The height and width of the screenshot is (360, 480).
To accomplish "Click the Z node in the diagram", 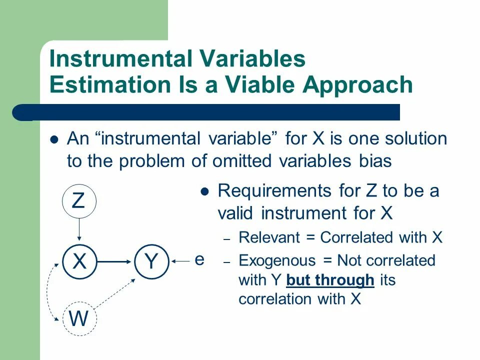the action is (x=79, y=201).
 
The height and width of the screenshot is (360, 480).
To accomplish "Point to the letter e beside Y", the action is (x=199, y=260).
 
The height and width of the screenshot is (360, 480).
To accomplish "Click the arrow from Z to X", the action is (x=79, y=229).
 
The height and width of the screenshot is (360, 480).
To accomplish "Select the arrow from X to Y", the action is (x=114, y=261).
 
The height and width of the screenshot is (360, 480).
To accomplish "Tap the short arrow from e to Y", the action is (x=180, y=261).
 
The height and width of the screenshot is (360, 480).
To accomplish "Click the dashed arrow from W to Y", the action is (x=114, y=293).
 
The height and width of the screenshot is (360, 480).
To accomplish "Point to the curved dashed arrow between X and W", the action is (x=48, y=291).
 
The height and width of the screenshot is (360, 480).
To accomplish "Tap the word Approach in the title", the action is (x=357, y=85).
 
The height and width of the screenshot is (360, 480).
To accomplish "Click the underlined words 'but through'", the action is (x=330, y=280).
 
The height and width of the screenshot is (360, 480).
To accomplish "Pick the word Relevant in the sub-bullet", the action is (x=269, y=237).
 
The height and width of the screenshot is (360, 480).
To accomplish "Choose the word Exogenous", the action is (x=277, y=261).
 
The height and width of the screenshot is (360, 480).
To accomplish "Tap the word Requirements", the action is (x=274, y=191).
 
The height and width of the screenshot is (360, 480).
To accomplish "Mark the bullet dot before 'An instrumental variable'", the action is (x=54, y=140).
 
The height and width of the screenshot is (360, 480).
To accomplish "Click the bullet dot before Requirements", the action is (x=204, y=192).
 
